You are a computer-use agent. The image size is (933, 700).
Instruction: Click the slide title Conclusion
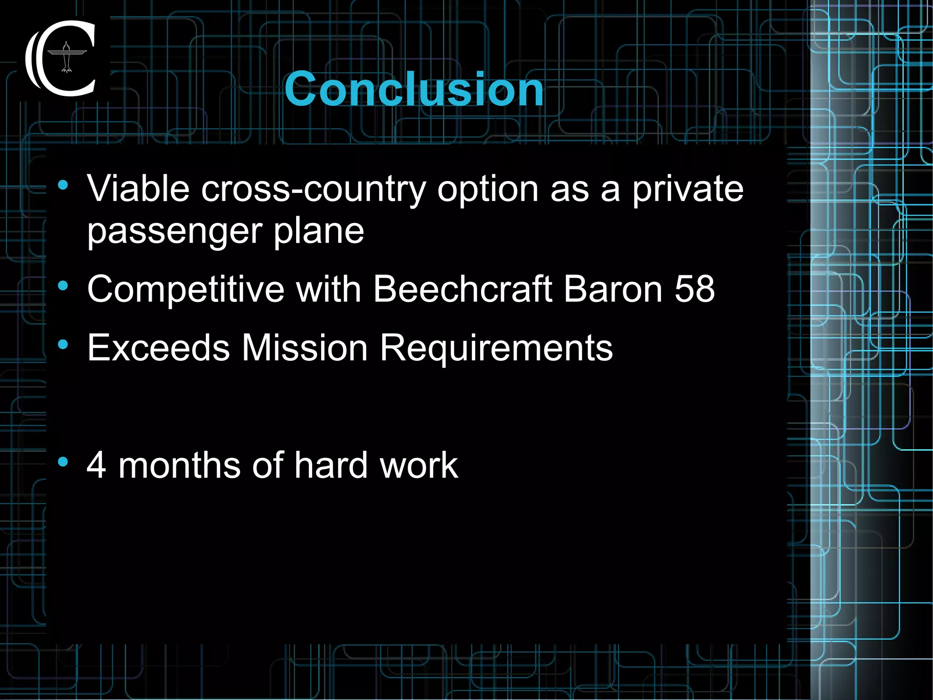pos(414,89)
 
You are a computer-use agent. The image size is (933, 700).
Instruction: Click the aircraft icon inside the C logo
pos(67,57)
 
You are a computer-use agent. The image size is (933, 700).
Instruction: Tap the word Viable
pos(138,188)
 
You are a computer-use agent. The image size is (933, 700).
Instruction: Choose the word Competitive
pos(186,289)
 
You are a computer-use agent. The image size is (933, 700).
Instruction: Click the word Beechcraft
pos(462,289)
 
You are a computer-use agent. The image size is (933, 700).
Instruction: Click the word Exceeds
pos(159,347)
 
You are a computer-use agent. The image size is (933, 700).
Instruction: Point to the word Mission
pos(304,347)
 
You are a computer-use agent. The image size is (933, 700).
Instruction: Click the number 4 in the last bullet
pos(97,465)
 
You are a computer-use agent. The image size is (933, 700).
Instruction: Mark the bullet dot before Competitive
pos(63,286)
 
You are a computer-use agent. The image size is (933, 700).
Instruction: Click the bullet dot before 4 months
pos(63,462)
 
